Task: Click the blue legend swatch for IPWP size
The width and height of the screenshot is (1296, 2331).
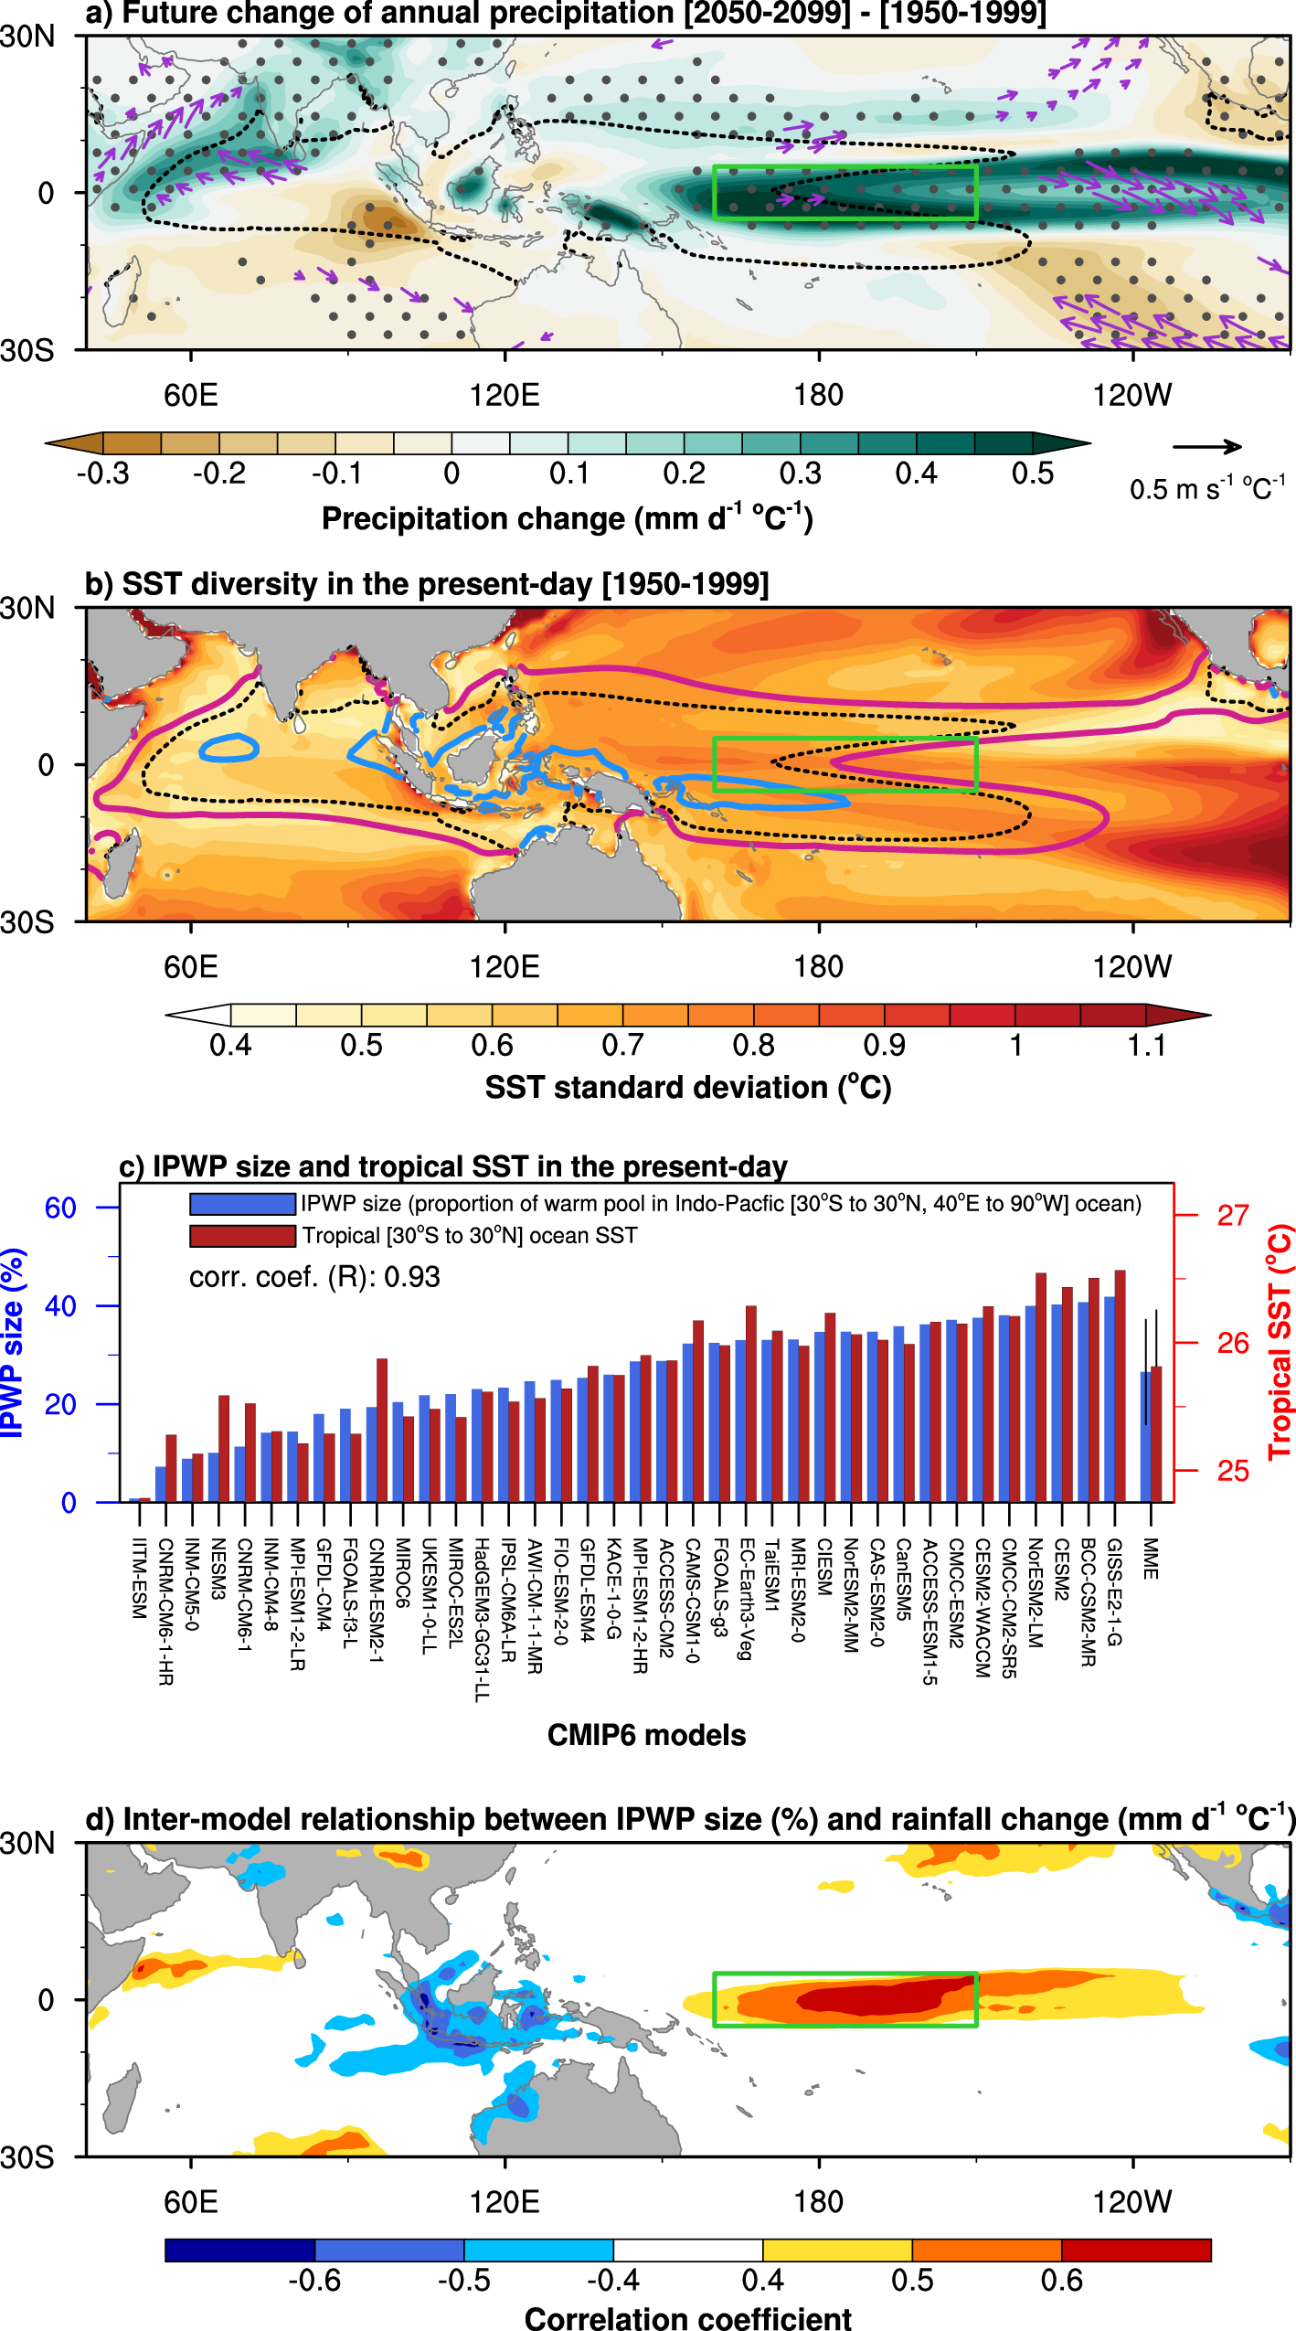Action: click(242, 1203)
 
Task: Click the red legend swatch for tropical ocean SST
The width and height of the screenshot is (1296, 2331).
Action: click(242, 1236)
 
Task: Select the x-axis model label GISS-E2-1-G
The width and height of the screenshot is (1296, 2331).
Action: click(1114, 1591)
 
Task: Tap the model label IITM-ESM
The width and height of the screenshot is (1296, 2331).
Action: click(139, 1578)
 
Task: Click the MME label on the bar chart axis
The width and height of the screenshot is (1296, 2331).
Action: click(1151, 1559)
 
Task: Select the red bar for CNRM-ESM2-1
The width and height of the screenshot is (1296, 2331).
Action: click(382, 1430)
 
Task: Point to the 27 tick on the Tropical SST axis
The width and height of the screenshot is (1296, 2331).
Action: click(1232, 1216)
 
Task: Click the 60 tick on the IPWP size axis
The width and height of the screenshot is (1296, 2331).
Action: click(60, 1208)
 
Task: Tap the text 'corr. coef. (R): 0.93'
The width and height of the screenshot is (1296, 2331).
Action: click(314, 1277)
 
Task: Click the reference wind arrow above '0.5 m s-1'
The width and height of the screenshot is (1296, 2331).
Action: click(1206, 447)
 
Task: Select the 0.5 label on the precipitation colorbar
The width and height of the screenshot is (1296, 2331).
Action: click(1032, 474)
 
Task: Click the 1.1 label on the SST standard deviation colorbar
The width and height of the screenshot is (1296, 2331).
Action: click(1145, 1045)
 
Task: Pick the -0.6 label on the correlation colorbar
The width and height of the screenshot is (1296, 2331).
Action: click(314, 2280)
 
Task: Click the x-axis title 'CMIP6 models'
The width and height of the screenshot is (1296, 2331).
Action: click(646, 1735)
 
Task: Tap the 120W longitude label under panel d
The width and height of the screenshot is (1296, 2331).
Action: click(1131, 2201)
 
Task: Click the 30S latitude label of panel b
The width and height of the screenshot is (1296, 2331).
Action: click(27, 922)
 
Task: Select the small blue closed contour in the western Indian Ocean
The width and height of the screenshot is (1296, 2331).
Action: click(228, 748)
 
